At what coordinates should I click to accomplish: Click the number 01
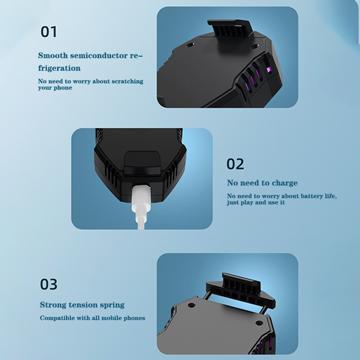[49, 31]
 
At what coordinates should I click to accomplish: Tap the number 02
[235, 164]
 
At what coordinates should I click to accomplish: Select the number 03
[49, 284]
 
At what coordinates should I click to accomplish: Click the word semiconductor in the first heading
[99, 55]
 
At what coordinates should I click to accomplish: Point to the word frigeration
[59, 68]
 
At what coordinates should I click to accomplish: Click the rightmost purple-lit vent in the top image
[268, 69]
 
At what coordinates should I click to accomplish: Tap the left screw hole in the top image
[190, 45]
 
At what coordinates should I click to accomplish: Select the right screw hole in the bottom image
[259, 323]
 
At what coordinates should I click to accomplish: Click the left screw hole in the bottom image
[191, 306]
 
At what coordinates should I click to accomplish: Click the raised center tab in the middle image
[142, 163]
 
